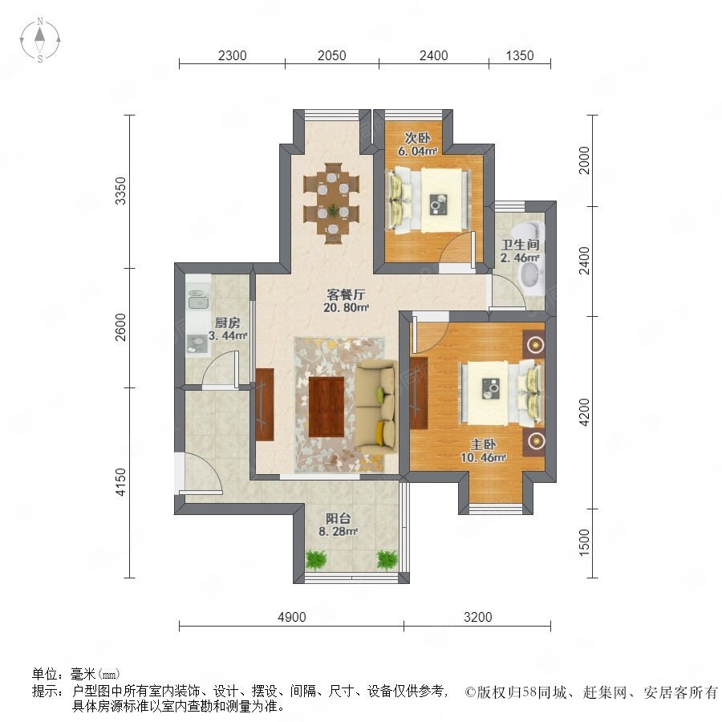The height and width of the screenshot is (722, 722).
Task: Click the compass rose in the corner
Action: click(40, 40)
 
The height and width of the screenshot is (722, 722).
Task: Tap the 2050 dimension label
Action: click(331, 55)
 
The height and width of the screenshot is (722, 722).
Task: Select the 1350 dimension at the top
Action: click(520, 55)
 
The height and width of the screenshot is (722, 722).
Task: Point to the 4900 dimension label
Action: click(291, 617)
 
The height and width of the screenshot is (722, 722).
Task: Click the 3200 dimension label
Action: click(478, 617)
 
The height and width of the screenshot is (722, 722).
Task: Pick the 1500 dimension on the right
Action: click(583, 542)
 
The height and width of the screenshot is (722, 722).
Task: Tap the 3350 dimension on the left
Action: click(120, 191)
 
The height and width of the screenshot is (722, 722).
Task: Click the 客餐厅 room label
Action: click(346, 294)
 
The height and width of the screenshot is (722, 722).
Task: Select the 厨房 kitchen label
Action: click(228, 322)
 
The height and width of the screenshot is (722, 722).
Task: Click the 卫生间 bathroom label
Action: click(520, 245)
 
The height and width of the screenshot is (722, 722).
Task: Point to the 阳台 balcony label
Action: click(339, 518)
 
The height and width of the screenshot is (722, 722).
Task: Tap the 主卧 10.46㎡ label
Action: click(483, 451)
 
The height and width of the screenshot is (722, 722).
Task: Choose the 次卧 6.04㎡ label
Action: click(417, 144)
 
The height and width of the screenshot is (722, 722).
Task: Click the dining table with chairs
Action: click(331, 203)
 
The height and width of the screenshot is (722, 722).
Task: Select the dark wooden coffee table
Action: click(327, 407)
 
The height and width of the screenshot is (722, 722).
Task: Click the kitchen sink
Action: click(199, 300)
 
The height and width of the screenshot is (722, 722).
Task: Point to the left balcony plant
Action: click(316, 559)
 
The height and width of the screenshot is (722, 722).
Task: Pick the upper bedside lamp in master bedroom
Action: click(535, 344)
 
